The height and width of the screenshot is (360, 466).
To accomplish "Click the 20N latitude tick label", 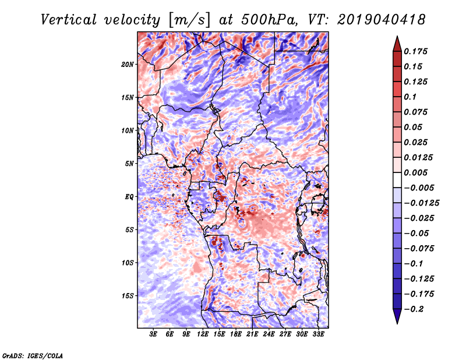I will pyautogui.click(x=128, y=64).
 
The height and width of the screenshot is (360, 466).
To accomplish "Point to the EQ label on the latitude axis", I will pyautogui.click(x=129, y=197).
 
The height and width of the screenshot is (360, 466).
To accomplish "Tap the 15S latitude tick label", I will pyautogui.click(x=128, y=296).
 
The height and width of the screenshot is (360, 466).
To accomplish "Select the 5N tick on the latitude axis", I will pyautogui.click(x=129, y=164).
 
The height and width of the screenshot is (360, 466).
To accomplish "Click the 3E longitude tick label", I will pyautogui.click(x=154, y=335).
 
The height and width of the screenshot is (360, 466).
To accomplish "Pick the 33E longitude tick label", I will pyautogui.click(x=318, y=335).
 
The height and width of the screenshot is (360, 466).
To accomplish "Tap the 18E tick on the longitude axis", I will pyautogui.click(x=236, y=335).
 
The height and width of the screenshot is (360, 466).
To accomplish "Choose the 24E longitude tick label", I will pyautogui.click(x=269, y=335).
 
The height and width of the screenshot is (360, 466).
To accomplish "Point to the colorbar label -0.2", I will pyautogui.click(x=415, y=309).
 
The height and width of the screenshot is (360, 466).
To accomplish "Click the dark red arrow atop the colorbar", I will pyautogui.click(x=397, y=43).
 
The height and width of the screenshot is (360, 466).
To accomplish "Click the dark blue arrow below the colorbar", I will pyautogui.click(x=397, y=316).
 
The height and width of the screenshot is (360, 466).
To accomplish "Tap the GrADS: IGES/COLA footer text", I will pyautogui.click(x=32, y=355).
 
